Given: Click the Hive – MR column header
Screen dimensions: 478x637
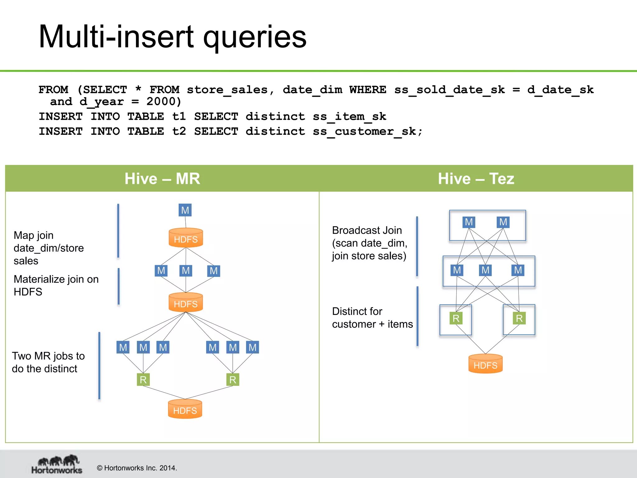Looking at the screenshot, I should pyautogui.click(x=162, y=179).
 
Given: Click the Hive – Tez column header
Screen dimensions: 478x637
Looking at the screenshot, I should pyautogui.click(x=476, y=179).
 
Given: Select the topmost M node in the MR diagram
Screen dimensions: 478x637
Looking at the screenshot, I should pyautogui.click(x=185, y=210).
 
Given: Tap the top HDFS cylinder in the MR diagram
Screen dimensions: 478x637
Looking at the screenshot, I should pyautogui.click(x=186, y=238).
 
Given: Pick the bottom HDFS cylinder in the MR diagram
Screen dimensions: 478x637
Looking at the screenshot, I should pyautogui.click(x=185, y=409).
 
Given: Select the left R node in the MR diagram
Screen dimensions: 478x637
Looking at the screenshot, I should pyautogui.click(x=143, y=380).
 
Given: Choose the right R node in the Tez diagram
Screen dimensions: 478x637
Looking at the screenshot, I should pyautogui.click(x=519, y=318).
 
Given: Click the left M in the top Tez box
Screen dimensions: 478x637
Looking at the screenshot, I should pyautogui.click(x=469, y=222).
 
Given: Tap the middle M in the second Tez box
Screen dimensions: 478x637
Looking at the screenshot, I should pyautogui.click(x=485, y=270).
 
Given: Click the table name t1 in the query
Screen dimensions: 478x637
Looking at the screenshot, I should pyautogui.click(x=179, y=117).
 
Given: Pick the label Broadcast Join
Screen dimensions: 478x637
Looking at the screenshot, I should pyautogui.click(x=367, y=230).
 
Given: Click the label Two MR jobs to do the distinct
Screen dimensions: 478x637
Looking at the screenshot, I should pyautogui.click(x=48, y=362).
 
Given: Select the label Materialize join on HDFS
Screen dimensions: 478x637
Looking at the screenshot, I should pyautogui.click(x=56, y=285).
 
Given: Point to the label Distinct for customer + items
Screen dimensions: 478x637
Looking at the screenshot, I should pyautogui.click(x=372, y=318).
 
